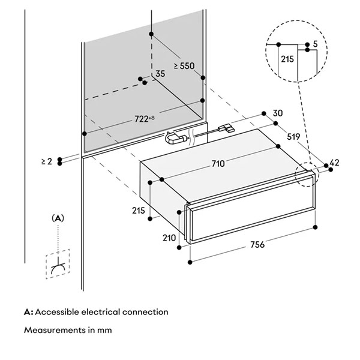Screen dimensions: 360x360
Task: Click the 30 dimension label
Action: [x=277, y=113]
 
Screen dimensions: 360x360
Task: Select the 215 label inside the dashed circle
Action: [x=286, y=59]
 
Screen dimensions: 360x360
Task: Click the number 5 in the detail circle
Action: [x=316, y=44]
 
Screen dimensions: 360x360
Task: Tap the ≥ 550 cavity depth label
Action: [x=184, y=67]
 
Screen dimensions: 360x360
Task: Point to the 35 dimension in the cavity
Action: [x=160, y=74]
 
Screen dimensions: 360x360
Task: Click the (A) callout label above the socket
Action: [x=58, y=218]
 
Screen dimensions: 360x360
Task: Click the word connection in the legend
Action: [x=148, y=312]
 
